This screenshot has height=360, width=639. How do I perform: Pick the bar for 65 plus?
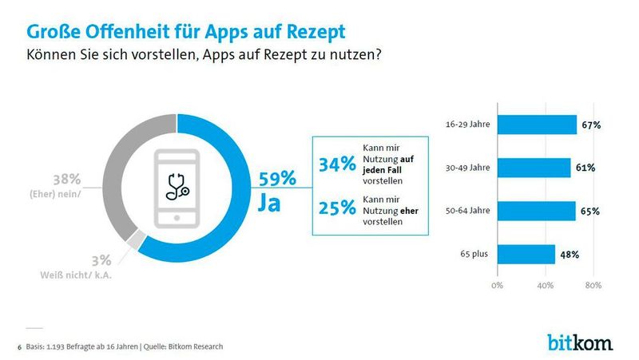tap(526, 255)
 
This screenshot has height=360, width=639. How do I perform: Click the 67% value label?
tap(590, 125)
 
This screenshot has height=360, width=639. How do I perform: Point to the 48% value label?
tap(569, 255)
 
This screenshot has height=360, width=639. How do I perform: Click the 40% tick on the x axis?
tap(545, 284)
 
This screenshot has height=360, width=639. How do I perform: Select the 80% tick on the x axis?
tap(592, 284)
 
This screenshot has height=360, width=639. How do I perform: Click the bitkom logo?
tap(580, 343)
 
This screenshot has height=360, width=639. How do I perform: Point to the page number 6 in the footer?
tap(20, 346)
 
